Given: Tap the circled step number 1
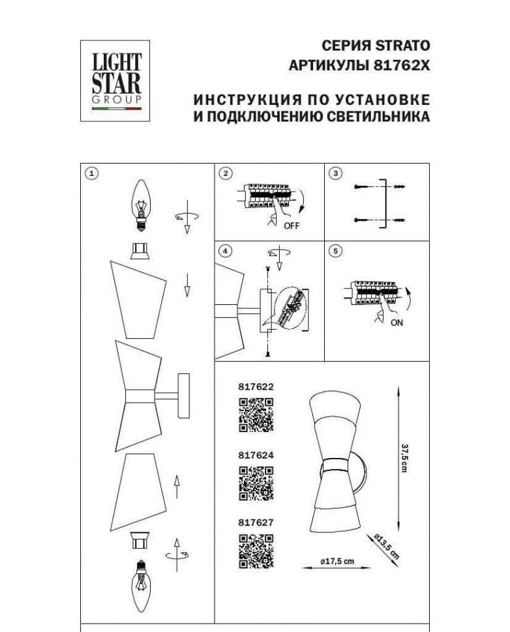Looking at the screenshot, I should pyautogui.click(x=92, y=173).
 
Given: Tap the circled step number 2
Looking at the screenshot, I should pyautogui.click(x=226, y=173).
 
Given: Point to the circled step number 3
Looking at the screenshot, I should pyautogui.click(x=335, y=173).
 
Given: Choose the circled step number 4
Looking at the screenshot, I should pyautogui.click(x=226, y=251).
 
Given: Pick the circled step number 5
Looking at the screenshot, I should pyautogui.click(x=335, y=251).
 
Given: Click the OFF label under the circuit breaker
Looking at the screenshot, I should pyautogui.click(x=292, y=226).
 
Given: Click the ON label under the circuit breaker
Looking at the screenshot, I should pyautogui.click(x=396, y=323).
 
